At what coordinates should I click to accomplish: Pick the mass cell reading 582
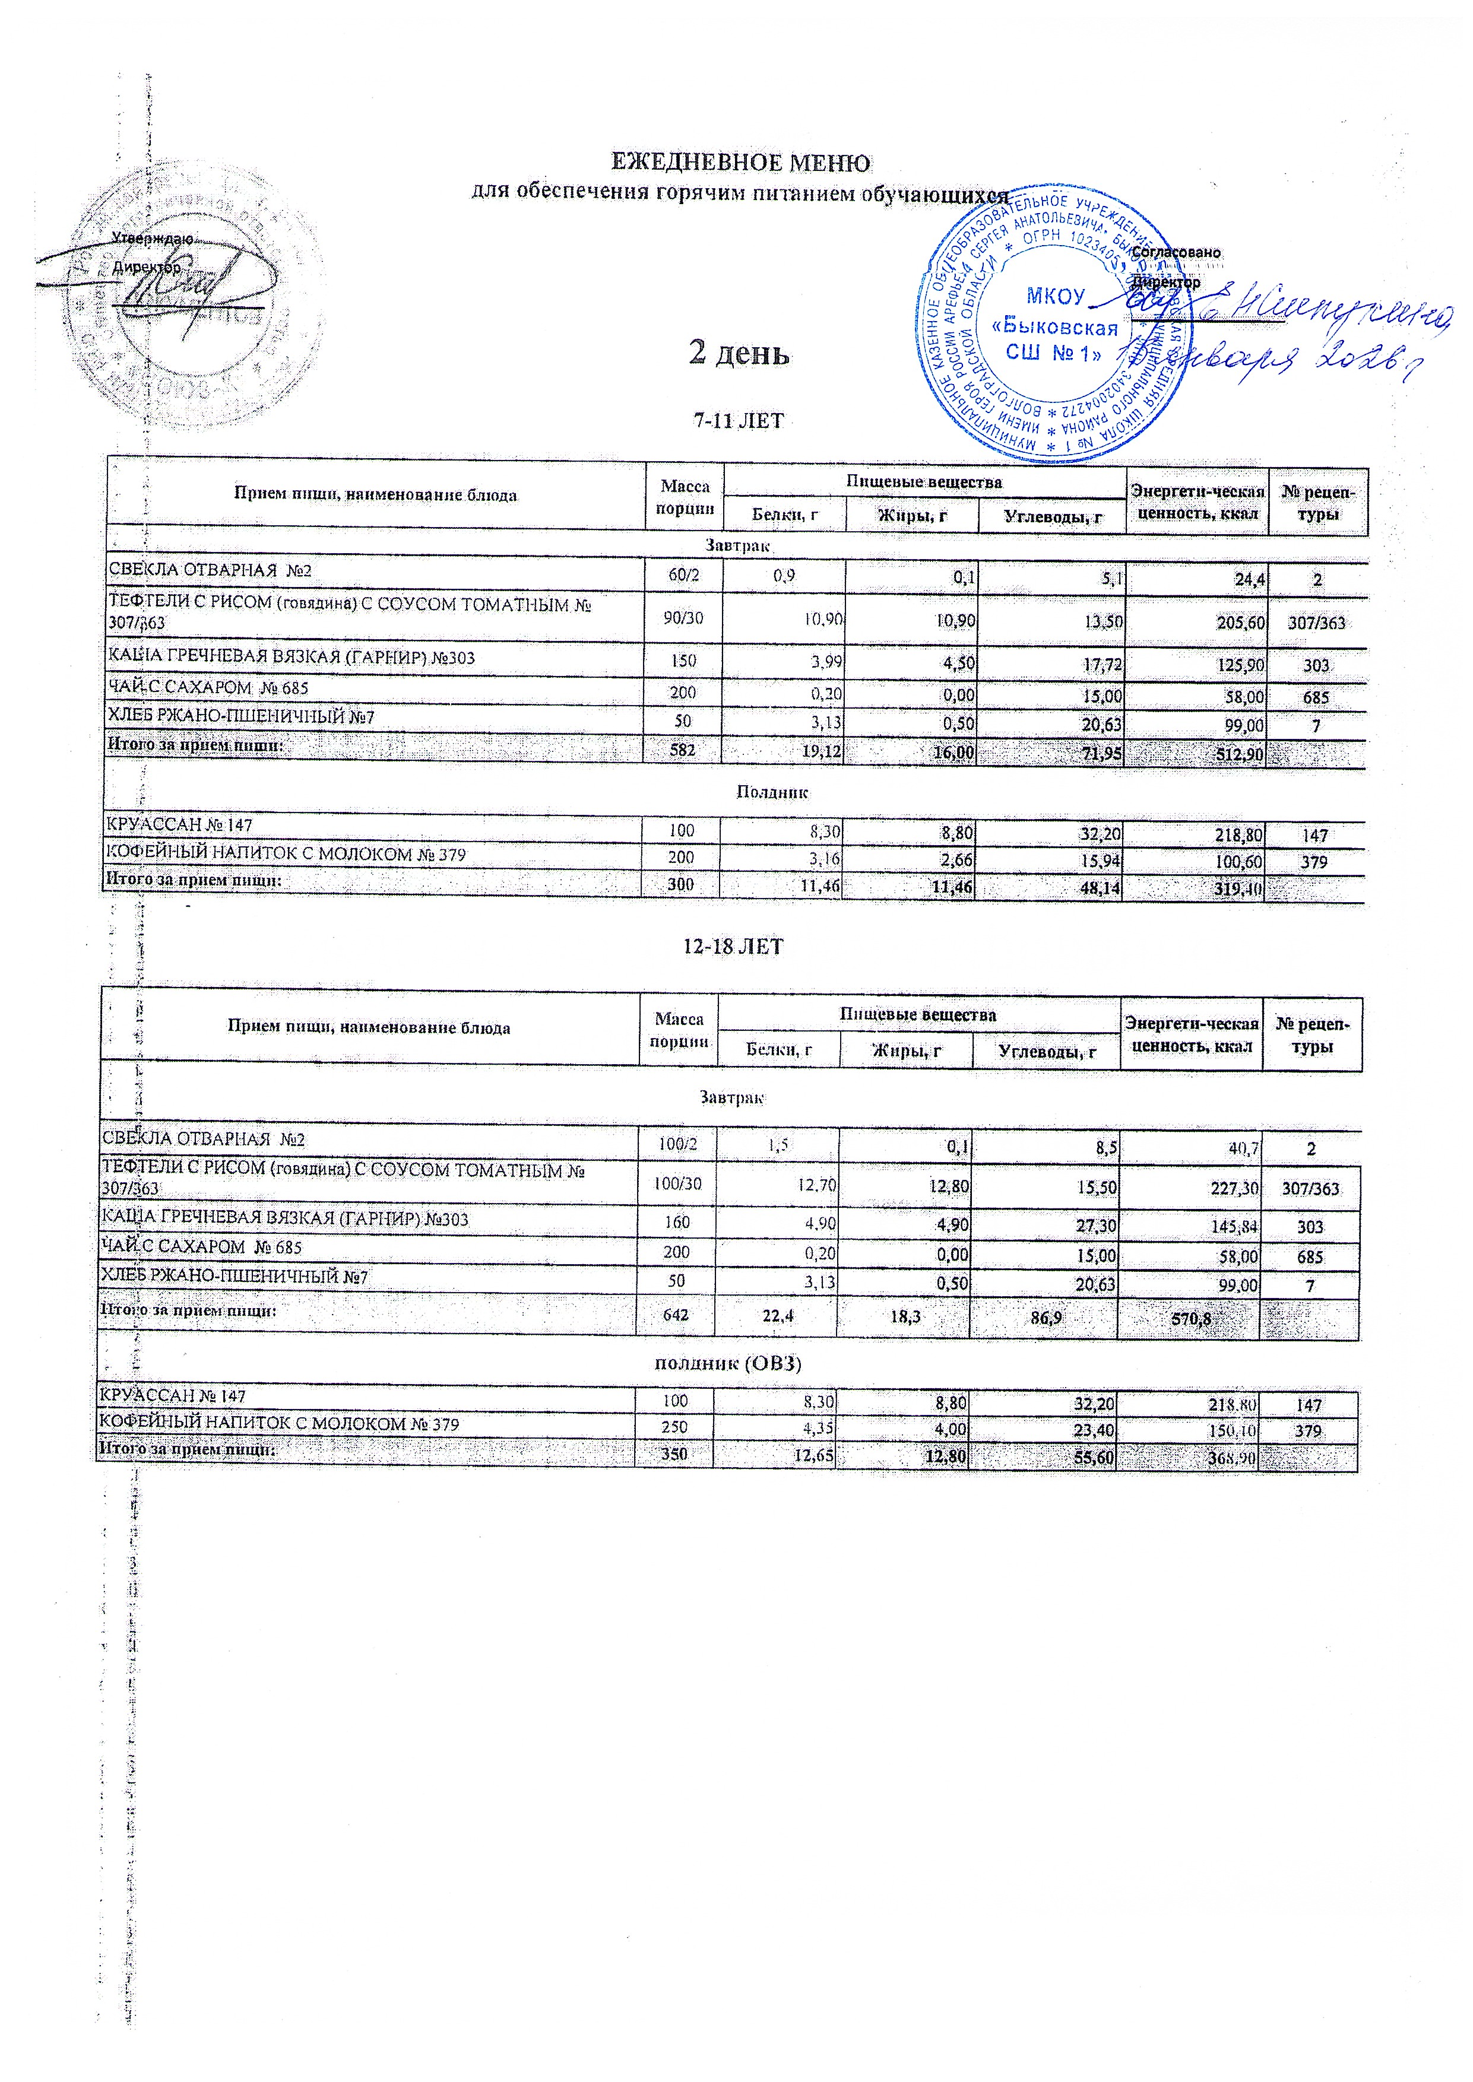[x=682, y=752]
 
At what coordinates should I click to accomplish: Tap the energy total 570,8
[x=1192, y=1319]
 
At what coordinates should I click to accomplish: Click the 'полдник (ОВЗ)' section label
[x=729, y=1364]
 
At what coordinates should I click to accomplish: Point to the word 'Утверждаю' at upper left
[x=151, y=239]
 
